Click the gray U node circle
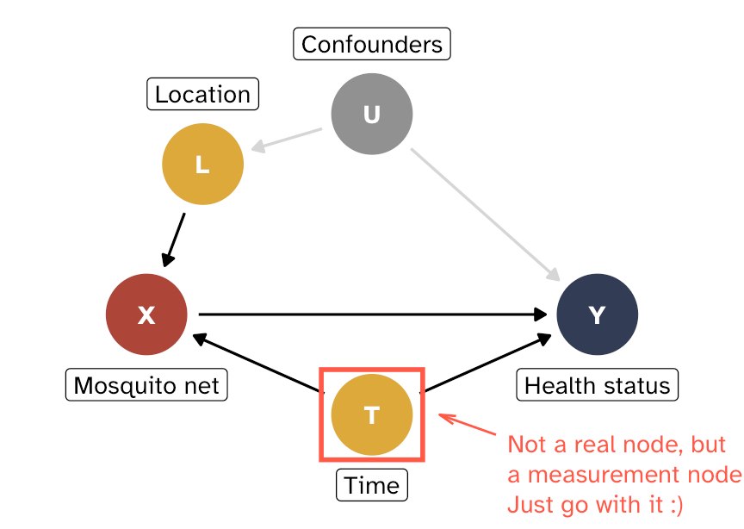[372, 114]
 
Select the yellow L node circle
[202, 165]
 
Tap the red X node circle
[146, 314]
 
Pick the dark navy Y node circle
[597, 314]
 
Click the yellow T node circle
[372, 414]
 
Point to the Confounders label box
[372, 44]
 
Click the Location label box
[202, 94]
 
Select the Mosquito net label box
[146, 385]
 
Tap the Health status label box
[597, 385]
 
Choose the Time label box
[372, 485]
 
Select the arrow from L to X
[174, 239]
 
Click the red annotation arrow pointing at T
[468, 426]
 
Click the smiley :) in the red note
[672, 504]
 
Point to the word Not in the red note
[526, 445]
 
